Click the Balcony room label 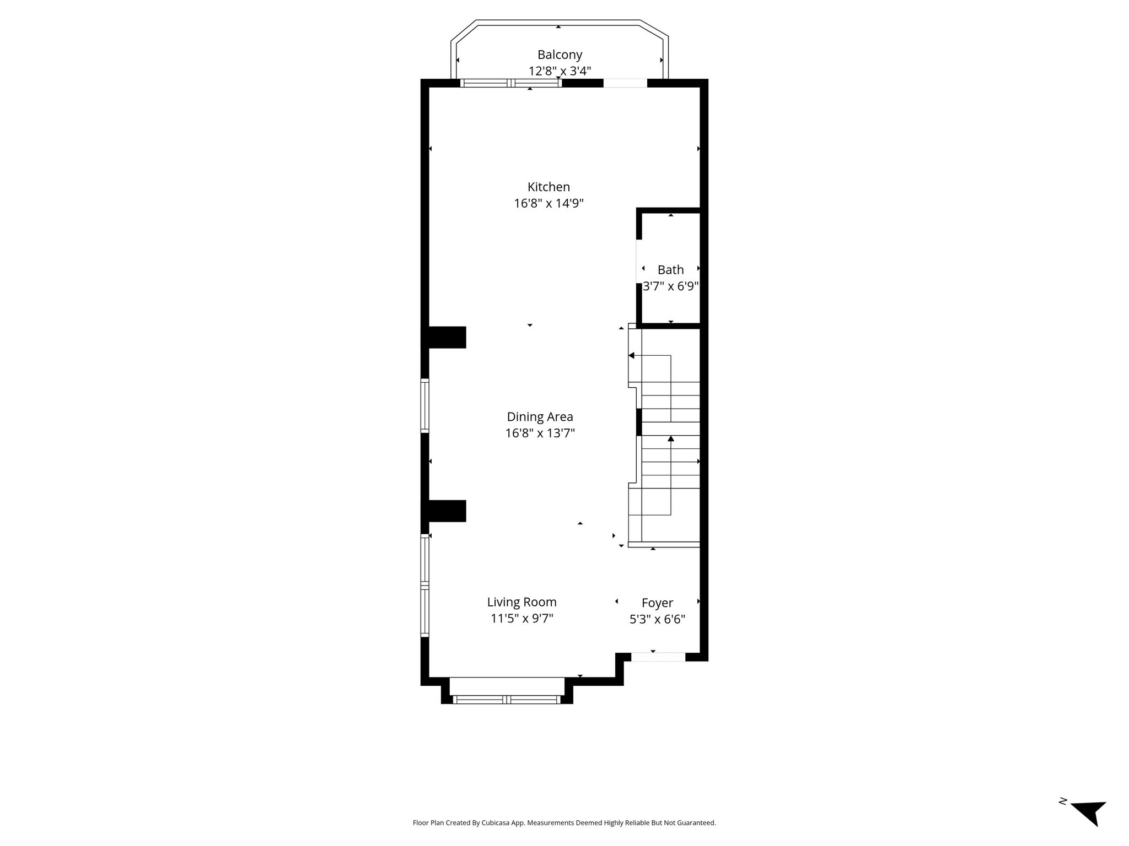560,55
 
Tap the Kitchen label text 549,187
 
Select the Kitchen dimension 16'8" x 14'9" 549,203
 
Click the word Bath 670,270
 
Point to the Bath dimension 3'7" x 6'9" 671,286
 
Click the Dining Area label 540,417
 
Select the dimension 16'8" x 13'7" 540,433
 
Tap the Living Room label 522,602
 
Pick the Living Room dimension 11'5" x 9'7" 522,619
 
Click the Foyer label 657,603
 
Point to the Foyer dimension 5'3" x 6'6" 657,620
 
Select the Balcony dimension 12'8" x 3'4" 560,71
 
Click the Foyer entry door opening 658,657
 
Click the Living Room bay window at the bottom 507,699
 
